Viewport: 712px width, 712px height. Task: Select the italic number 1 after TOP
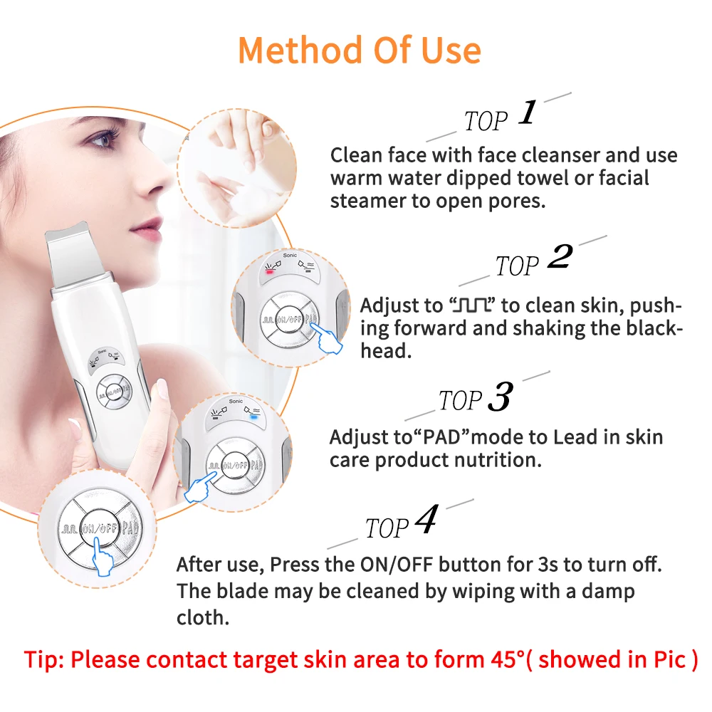(x=527, y=113)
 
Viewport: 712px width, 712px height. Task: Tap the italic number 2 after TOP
(x=559, y=258)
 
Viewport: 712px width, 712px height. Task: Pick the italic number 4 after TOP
(x=425, y=521)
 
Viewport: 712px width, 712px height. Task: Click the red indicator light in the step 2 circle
(x=269, y=272)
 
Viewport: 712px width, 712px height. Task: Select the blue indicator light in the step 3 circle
(x=254, y=419)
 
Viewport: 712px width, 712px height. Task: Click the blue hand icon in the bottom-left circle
(x=105, y=559)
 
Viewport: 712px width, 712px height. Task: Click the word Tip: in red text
(x=44, y=659)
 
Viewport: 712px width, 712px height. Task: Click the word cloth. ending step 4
(x=203, y=617)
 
